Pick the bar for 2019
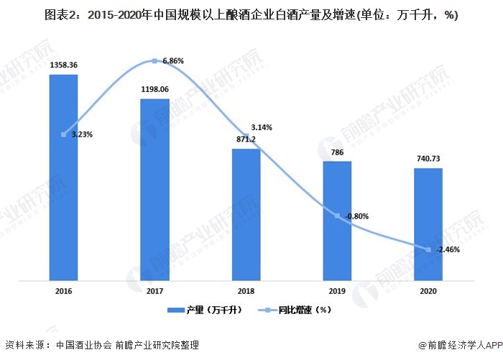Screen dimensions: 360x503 (x=337, y=221)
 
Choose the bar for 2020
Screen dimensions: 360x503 (x=428, y=224)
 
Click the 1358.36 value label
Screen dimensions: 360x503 (x=63, y=65)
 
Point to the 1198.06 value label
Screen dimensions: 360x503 (x=154, y=88)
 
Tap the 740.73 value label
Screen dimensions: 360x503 (x=428, y=158)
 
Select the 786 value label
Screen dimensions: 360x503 (x=337, y=152)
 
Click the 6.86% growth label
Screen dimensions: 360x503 (x=173, y=61)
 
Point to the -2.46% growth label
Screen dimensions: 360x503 (x=446, y=249)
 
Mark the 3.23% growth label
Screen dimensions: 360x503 (x=81, y=134)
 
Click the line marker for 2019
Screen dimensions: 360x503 (x=337, y=216)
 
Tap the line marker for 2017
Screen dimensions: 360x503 (x=154, y=61)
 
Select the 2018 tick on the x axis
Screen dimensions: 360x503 (x=246, y=291)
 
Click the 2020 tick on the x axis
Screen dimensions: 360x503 (x=428, y=291)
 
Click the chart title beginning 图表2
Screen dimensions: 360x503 (x=251, y=14)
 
